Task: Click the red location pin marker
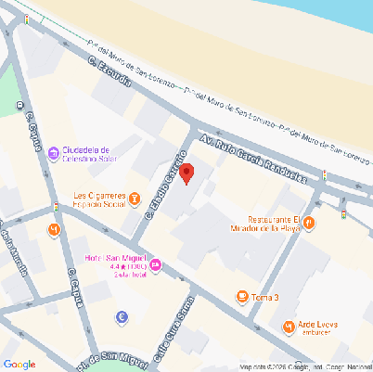186,173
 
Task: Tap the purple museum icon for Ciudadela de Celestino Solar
54,152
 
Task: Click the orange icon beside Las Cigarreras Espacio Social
135,199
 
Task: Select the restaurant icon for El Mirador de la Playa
310,223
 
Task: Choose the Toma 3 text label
265,297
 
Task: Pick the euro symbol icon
122,317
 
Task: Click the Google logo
19,363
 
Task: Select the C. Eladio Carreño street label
164,186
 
